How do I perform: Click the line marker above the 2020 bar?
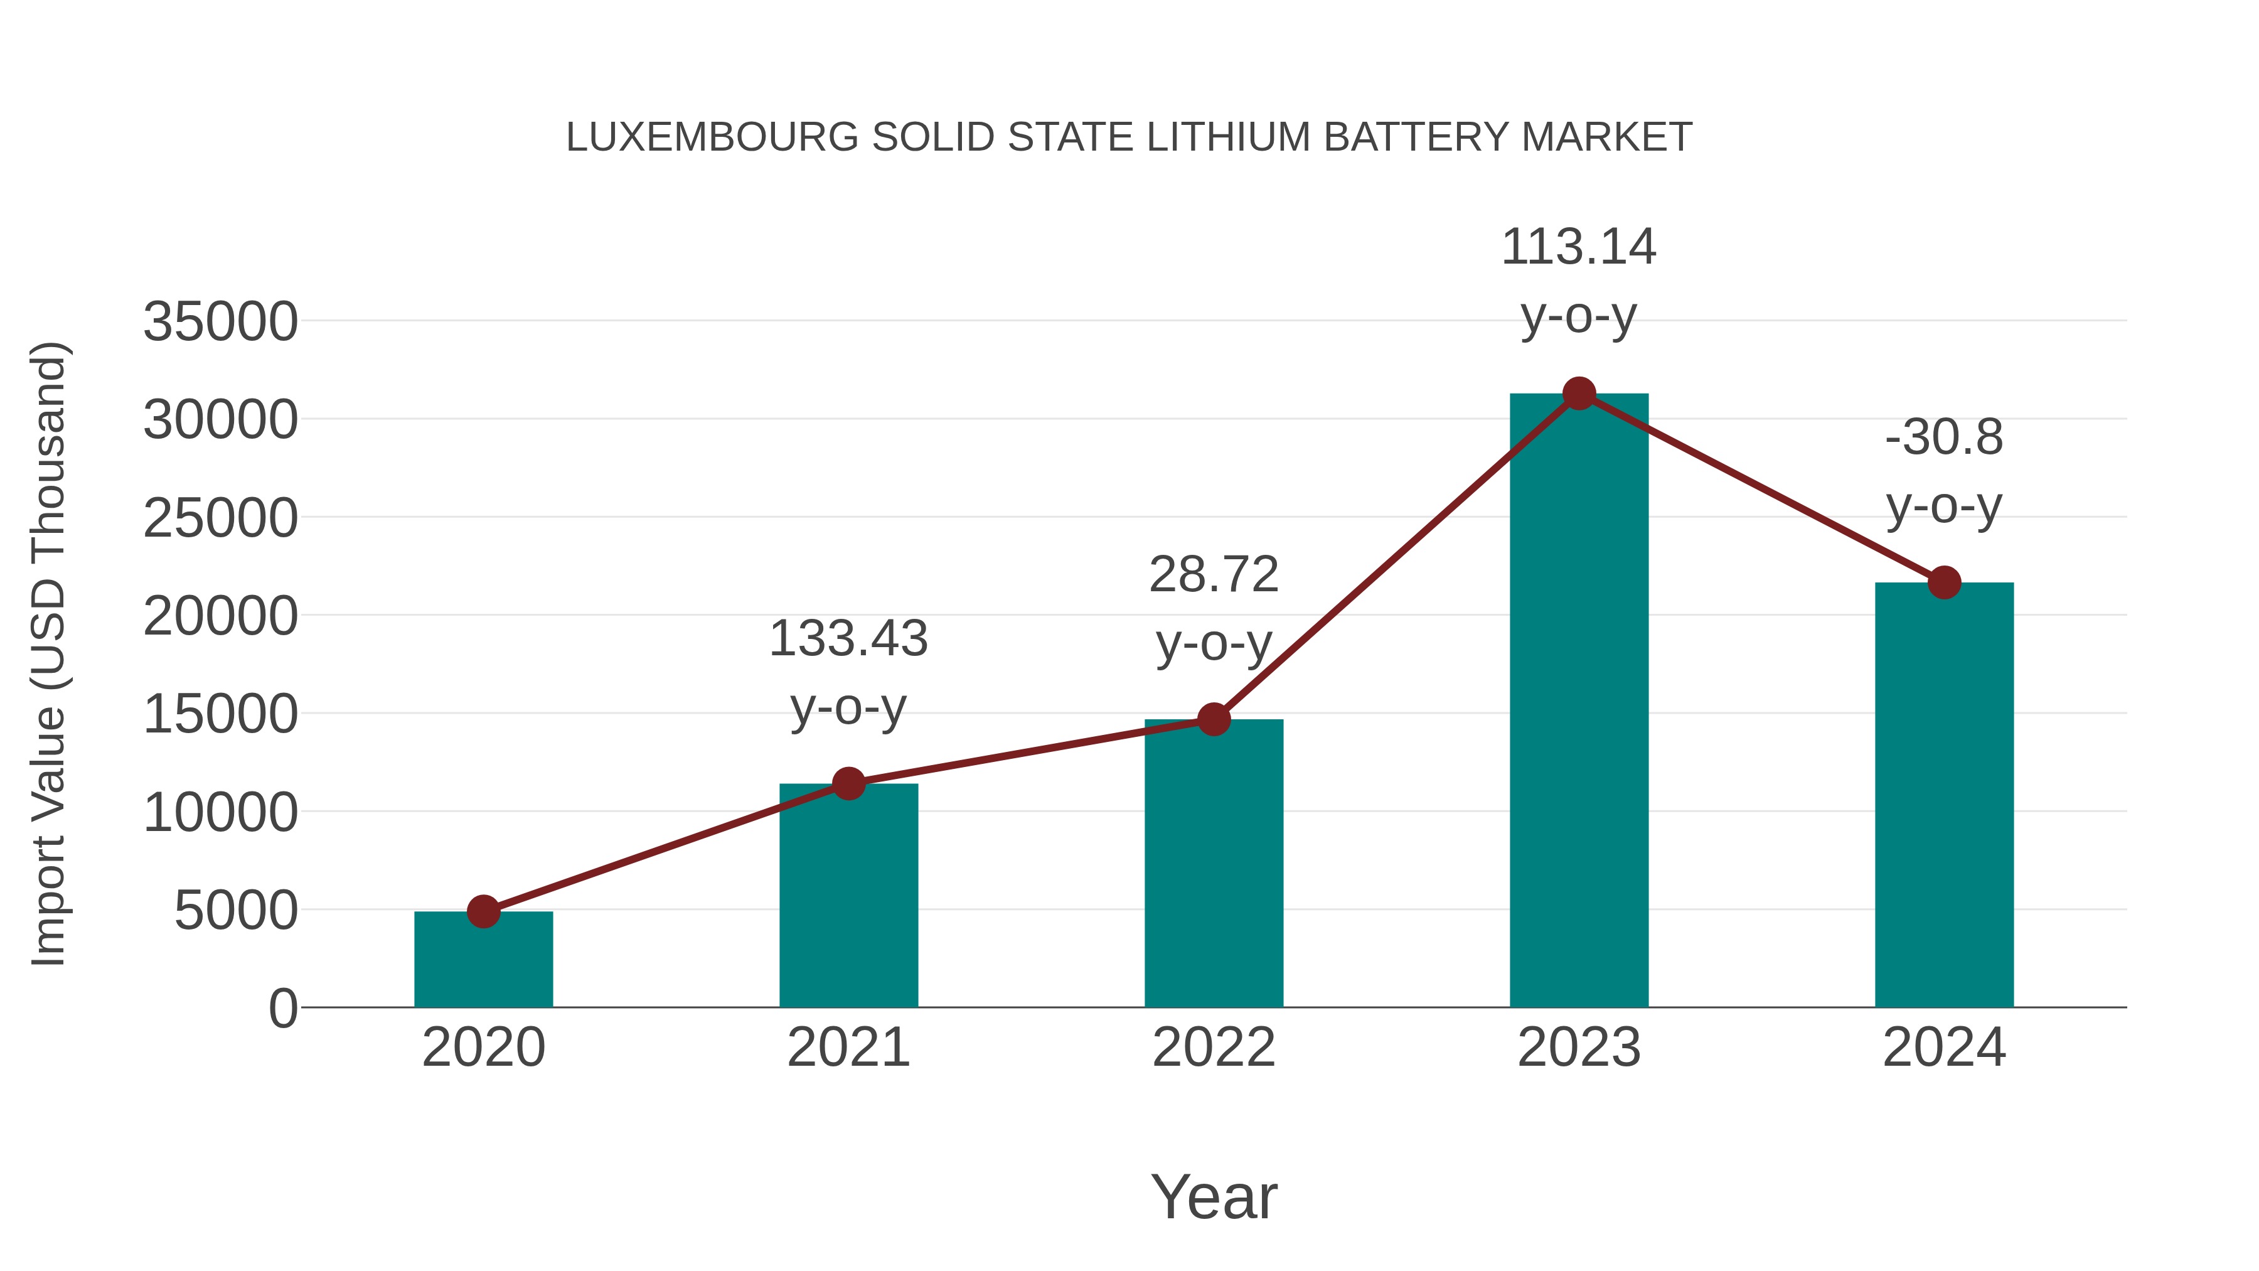pos(483,911)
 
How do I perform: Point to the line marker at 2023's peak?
pos(1579,394)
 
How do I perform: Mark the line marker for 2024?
pos(1944,582)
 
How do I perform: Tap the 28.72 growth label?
pos(1214,609)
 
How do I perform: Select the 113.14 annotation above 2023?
pos(1579,281)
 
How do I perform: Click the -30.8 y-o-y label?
pos(1944,471)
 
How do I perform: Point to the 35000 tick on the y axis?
pos(220,322)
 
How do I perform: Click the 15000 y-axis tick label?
pos(220,714)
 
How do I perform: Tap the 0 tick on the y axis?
pos(283,1009)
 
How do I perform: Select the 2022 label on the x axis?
pos(1214,1048)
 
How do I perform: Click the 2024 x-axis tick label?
pos(1944,1048)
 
